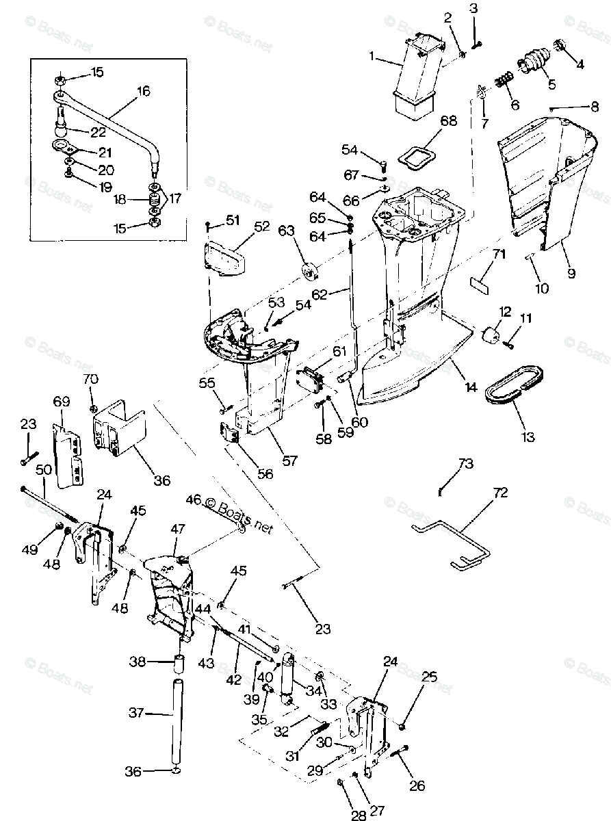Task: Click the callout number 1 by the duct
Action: tap(374, 57)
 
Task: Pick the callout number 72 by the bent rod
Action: tap(502, 492)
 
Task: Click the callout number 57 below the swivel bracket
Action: tap(290, 461)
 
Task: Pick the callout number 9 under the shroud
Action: tap(571, 273)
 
